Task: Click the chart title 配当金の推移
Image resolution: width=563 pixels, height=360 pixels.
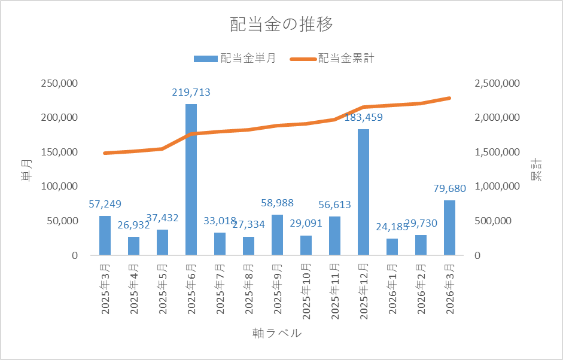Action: tap(281, 25)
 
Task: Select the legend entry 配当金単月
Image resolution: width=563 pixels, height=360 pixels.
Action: tap(235, 59)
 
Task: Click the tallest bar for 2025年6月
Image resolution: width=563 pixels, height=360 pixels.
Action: tap(191, 179)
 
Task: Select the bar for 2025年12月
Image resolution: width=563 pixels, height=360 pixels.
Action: tap(363, 191)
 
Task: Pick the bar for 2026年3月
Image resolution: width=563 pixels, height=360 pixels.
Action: tap(449, 227)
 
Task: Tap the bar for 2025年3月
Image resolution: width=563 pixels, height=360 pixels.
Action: tap(105, 235)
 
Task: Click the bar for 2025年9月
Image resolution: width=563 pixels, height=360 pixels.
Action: tap(277, 234)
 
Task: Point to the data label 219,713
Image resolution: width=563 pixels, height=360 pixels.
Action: tap(191, 93)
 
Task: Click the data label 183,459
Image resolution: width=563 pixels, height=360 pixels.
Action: tap(363, 117)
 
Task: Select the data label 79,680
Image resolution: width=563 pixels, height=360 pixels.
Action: tap(449, 189)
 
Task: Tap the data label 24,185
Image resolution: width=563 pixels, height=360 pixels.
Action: tap(392, 227)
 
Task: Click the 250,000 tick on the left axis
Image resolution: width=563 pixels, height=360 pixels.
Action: tap(59, 83)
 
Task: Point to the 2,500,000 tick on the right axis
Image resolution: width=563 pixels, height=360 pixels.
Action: tap(497, 83)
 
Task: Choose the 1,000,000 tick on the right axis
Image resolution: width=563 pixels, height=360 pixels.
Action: tap(497, 187)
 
